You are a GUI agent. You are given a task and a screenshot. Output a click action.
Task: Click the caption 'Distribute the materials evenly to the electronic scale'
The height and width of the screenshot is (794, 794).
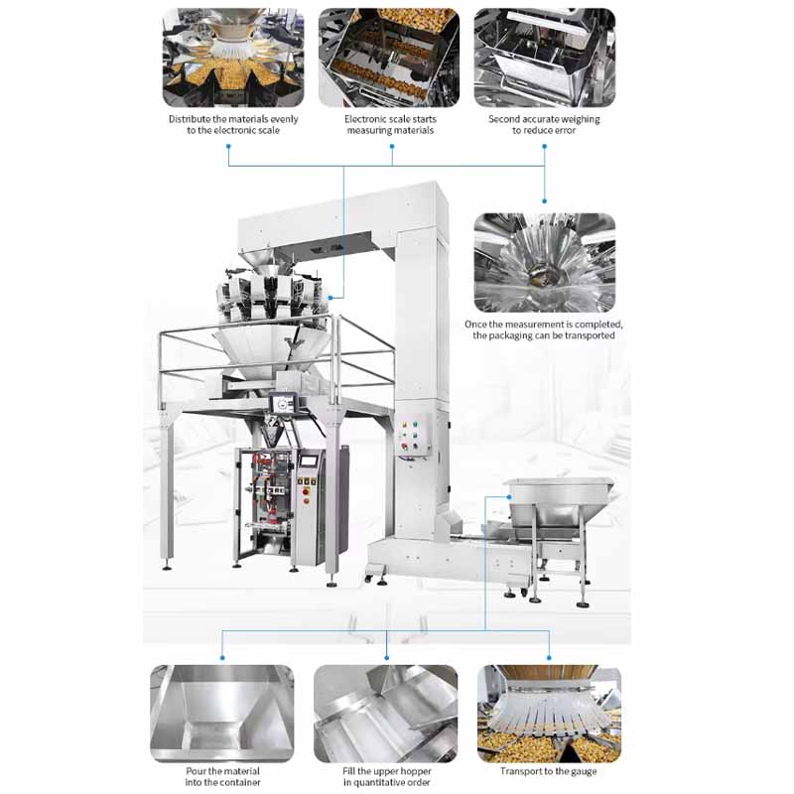[x=233, y=125]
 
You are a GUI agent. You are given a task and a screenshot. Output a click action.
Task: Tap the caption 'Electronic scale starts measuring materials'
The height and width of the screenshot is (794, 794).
[x=390, y=125]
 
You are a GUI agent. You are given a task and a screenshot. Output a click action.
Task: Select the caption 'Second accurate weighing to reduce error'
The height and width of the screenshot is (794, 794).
[x=544, y=125]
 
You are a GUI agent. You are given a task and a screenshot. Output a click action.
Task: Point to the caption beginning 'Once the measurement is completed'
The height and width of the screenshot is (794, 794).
[x=544, y=330]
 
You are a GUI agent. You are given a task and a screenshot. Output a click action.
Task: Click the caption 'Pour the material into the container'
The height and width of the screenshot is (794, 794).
[x=222, y=777]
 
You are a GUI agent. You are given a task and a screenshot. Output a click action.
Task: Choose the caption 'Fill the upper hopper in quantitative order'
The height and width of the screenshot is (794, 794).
[x=387, y=777]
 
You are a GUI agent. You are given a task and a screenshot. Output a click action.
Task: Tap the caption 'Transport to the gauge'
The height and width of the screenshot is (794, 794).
[x=549, y=771]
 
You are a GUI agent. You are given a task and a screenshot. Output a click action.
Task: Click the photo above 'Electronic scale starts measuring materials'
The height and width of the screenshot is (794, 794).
[x=389, y=58]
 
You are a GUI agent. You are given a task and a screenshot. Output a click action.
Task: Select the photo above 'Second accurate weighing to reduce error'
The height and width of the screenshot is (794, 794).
[x=545, y=58]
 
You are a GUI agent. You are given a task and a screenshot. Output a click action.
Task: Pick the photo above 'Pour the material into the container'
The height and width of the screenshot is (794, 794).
[x=222, y=714]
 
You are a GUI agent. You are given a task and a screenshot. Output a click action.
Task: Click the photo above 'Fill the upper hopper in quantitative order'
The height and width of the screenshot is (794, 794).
[x=386, y=714]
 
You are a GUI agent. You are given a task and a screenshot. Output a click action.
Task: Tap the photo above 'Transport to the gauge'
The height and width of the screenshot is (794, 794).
[x=550, y=714]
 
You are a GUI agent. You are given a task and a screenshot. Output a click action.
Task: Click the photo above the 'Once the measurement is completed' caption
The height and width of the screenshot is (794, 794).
[x=545, y=262]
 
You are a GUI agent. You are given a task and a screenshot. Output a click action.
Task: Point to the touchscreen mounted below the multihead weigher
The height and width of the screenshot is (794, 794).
[x=283, y=404]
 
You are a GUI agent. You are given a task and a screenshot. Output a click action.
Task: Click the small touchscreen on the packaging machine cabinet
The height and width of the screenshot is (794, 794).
[x=311, y=462]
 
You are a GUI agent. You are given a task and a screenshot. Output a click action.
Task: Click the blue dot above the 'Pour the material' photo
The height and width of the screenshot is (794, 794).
[x=222, y=658]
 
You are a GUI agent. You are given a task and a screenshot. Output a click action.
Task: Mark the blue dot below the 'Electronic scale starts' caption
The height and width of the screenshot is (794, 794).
[x=392, y=146]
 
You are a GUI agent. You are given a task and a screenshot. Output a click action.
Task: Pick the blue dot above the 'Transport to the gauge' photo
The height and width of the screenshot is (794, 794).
[x=550, y=658]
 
